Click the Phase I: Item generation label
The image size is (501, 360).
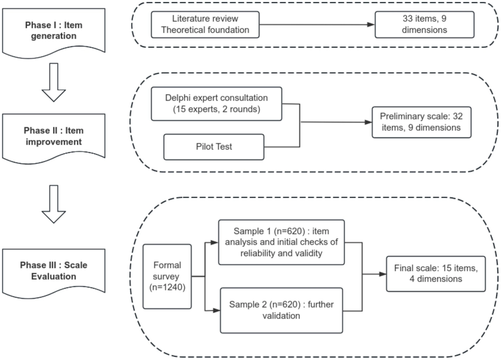point(54,31)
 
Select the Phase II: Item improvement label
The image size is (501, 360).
point(54,136)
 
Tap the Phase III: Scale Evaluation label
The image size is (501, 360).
point(54,271)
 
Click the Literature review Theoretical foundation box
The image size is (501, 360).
point(205,25)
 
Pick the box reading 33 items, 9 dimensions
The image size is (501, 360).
point(424,25)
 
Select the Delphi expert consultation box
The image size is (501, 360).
point(216,104)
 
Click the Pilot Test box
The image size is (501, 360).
point(214,147)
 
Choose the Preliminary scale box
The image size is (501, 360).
point(421,122)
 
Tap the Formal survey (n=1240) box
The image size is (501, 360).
point(167,276)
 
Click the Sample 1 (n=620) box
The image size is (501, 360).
point(281,242)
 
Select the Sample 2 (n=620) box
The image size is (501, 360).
point(281,310)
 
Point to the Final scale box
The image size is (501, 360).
point(436,274)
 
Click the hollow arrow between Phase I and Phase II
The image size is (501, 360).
point(54,83)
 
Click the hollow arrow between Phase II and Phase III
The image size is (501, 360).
point(54,205)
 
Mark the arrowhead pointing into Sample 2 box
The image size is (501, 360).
point(216,310)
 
